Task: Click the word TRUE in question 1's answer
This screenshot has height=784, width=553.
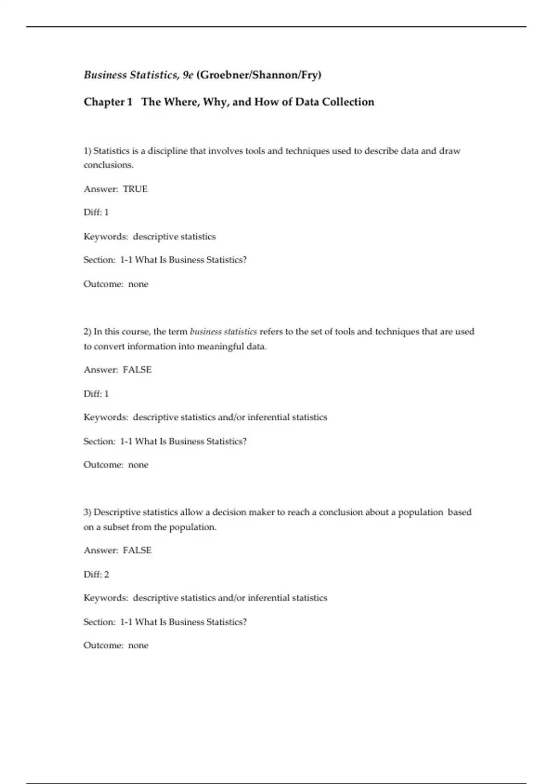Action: (x=135, y=189)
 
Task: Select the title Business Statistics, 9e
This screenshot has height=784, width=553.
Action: (x=138, y=75)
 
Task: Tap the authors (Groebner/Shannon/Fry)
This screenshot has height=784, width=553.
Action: (x=259, y=75)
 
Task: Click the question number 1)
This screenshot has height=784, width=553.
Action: (x=88, y=151)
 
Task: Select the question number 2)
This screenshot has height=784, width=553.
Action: (x=88, y=332)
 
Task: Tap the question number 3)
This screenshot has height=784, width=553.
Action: (x=88, y=512)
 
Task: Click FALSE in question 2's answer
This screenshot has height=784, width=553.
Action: (x=137, y=370)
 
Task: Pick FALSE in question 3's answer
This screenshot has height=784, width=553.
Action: (x=137, y=551)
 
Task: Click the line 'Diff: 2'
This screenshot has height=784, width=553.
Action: (x=96, y=574)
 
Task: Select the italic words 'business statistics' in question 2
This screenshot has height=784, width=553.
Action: (x=224, y=332)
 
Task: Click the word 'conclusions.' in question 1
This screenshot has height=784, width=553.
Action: (x=108, y=165)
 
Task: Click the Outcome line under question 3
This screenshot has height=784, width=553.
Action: (x=116, y=646)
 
